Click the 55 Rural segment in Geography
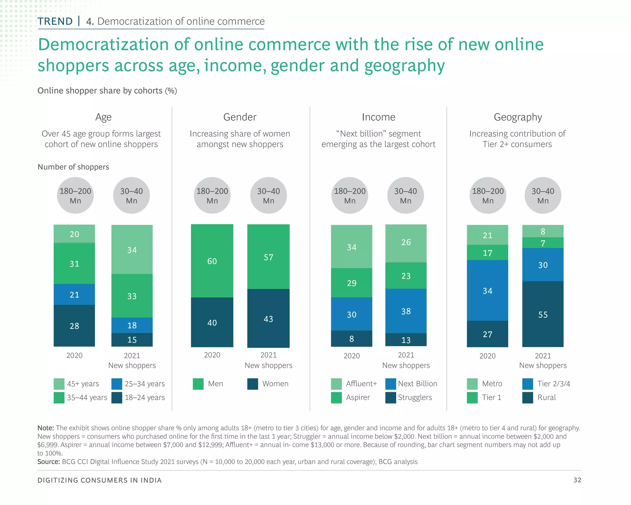tap(543, 314)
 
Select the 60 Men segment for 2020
tap(212, 261)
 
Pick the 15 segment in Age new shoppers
tap(132, 339)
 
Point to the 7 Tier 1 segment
tap(543, 243)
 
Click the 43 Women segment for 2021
tap(268, 318)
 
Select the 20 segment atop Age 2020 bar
tap(74, 234)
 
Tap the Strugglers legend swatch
tap(390, 397)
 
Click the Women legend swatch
tap(253, 384)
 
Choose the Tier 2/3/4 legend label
tap(553, 384)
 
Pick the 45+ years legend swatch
tap(59, 384)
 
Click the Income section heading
tap(378, 117)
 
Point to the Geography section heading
tap(518, 117)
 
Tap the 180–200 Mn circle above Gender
tap(212, 195)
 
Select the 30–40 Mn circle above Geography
tap(543, 195)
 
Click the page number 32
tap(577, 480)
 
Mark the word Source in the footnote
tap(48, 462)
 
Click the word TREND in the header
tap(55, 21)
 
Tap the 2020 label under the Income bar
tap(352, 356)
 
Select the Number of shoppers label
tap(73, 167)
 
